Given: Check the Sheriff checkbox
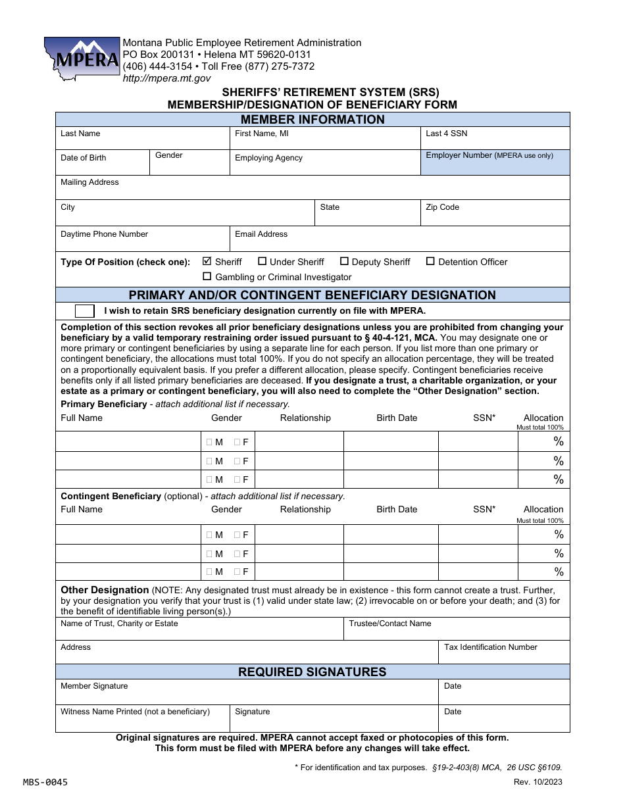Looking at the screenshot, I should [207, 261].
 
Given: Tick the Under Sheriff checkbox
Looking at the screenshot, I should [262, 261].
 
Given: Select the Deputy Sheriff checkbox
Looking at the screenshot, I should [344, 261].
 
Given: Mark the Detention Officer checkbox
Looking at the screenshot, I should [430, 261].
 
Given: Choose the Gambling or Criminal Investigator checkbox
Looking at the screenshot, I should [207, 277].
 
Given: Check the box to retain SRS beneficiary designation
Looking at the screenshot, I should [85, 311].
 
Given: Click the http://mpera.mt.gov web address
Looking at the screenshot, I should [166, 78].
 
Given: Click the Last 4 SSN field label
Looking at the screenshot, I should [446, 134].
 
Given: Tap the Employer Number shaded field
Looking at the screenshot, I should [495, 162].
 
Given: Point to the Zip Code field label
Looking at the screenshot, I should [442, 207].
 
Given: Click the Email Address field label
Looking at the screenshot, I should [261, 234].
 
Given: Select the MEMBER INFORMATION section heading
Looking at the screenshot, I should [312, 120].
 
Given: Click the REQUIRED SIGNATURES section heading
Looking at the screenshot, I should [312, 672].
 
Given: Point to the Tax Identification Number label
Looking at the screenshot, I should [490, 647].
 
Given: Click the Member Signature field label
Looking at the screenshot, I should [94, 686].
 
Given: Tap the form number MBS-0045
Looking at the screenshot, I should [45, 782].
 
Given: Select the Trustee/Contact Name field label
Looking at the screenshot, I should [390, 624].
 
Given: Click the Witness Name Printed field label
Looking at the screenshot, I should [135, 712].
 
